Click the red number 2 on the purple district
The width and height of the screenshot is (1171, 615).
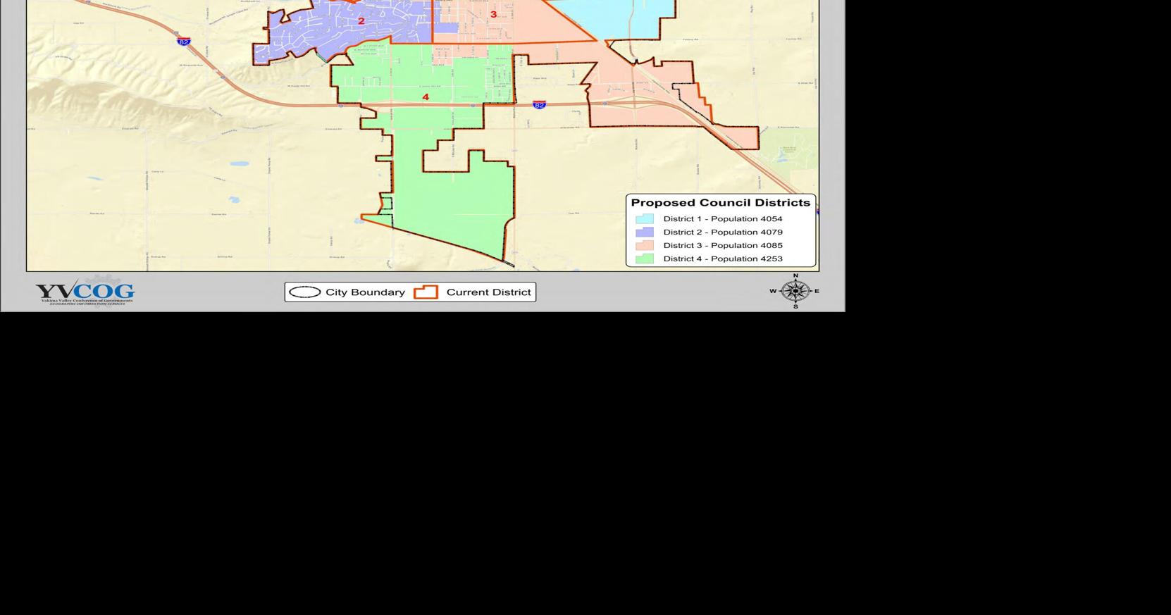click(361, 21)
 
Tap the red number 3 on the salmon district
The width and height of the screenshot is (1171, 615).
click(493, 14)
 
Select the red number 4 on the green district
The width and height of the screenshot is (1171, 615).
click(426, 97)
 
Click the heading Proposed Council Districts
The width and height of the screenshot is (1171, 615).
click(720, 203)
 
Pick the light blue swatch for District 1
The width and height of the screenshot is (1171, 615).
click(644, 219)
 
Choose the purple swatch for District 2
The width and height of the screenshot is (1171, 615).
click(644, 232)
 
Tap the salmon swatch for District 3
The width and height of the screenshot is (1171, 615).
click(644, 246)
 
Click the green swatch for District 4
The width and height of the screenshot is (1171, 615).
click(644, 259)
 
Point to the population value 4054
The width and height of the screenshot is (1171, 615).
click(771, 219)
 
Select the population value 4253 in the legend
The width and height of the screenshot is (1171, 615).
click(771, 259)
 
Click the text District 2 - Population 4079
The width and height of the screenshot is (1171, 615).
click(722, 232)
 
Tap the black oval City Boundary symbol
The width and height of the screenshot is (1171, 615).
click(305, 292)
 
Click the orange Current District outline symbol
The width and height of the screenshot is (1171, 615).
click(426, 292)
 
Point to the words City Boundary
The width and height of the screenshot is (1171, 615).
click(365, 292)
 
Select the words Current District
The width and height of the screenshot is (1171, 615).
click(488, 292)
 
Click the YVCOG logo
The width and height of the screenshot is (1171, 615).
click(85, 292)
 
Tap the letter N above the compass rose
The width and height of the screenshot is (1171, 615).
click(795, 276)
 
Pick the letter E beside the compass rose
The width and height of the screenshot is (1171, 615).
click(817, 291)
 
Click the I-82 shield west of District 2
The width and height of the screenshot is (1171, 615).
click(184, 42)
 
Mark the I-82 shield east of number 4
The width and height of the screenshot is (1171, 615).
click(539, 105)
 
